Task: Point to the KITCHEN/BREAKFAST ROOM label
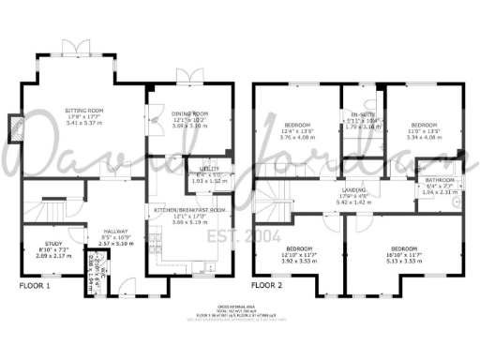pos(190,211)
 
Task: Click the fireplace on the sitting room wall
pos(14,129)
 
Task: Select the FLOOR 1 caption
pos(35,284)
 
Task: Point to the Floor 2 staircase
pos(272,202)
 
